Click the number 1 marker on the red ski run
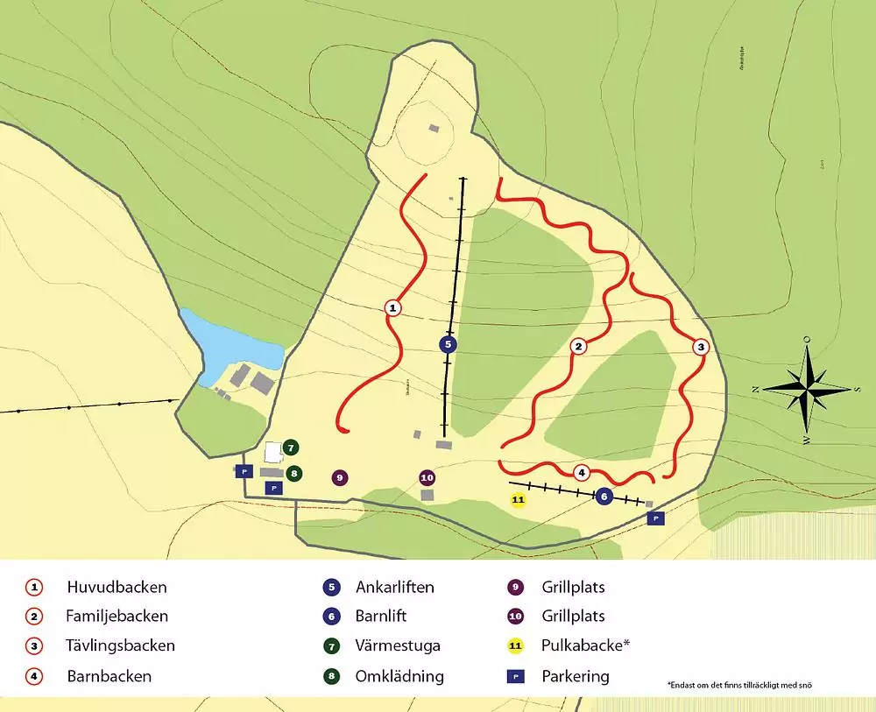tap(393, 307)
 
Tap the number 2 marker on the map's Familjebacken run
tap(578, 347)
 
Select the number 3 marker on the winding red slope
tap(701, 347)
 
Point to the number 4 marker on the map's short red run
tap(582, 473)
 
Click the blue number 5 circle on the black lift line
tap(448, 344)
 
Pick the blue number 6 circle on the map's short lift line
tap(604, 497)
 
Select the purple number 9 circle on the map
tap(340, 478)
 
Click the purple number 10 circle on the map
tap(427, 478)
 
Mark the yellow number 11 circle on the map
tap(518, 499)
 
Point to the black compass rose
tap(807, 386)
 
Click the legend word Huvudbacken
tap(117, 587)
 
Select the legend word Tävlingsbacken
tap(121, 646)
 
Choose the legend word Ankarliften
tap(395, 587)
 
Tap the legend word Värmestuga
tap(398, 646)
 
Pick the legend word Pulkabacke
tap(585, 646)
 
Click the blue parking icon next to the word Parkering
tap(517, 676)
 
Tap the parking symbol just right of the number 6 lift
tap(655, 518)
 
